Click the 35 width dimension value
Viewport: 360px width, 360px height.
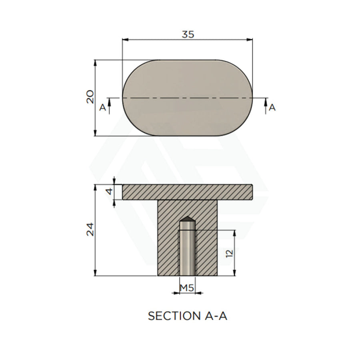click(x=188, y=34)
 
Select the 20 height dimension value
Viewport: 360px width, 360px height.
click(x=90, y=97)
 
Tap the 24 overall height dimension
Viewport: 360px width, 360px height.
click(x=90, y=229)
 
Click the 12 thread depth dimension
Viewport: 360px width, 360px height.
click(x=229, y=253)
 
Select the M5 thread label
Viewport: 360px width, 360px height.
click(x=187, y=288)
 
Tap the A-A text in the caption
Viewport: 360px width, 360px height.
click(x=215, y=316)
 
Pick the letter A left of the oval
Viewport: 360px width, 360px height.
click(x=102, y=107)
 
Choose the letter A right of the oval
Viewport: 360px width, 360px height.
click(x=272, y=107)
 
